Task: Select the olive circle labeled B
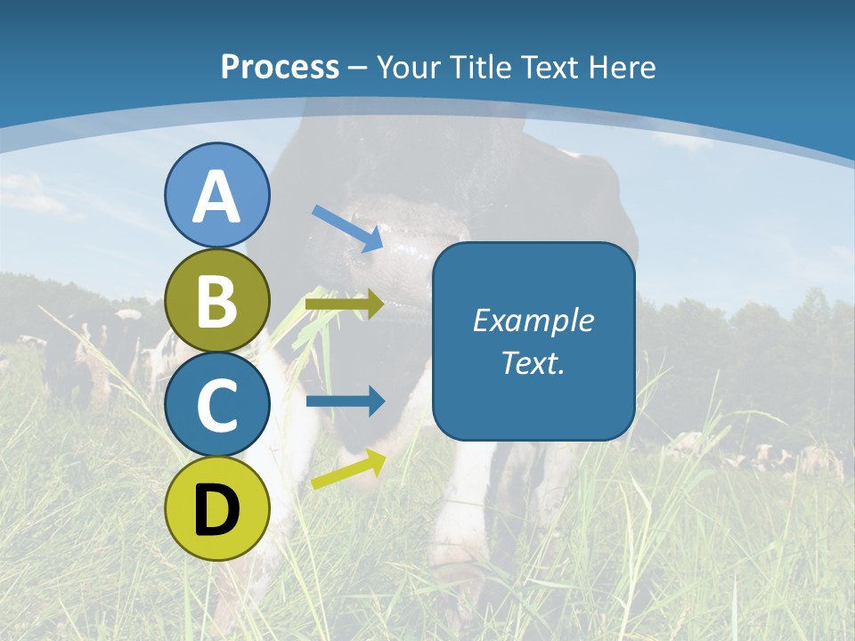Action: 217,301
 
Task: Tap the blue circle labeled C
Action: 217,405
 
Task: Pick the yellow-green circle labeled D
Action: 217,508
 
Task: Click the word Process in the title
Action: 280,67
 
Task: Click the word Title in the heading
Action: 475,67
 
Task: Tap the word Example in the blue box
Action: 533,320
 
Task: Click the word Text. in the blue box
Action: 533,362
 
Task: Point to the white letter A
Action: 217,196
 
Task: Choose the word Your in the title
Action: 409,67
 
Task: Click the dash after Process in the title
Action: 358,69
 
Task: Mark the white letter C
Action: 217,405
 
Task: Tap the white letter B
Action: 217,301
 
